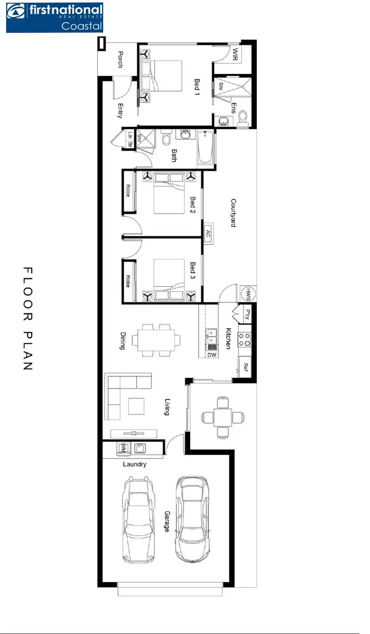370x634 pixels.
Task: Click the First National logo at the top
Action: pos(54,18)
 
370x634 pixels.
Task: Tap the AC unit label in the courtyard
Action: pos(208,232)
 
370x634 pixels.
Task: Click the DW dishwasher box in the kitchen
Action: pos(212,355)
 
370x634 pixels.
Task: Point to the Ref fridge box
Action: pos(245,368)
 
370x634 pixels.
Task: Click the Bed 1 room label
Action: pos(196,87)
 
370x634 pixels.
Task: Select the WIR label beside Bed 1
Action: pos(235,55)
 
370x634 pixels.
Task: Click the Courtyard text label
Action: pos(233,212)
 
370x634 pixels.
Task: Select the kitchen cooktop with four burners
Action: pos(245,338)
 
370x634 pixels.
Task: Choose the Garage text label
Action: pos(166,521)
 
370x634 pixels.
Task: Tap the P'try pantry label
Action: pos(245,314)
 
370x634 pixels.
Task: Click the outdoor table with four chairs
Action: pos(222,417)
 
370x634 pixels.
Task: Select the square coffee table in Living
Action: pos(137,406)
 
